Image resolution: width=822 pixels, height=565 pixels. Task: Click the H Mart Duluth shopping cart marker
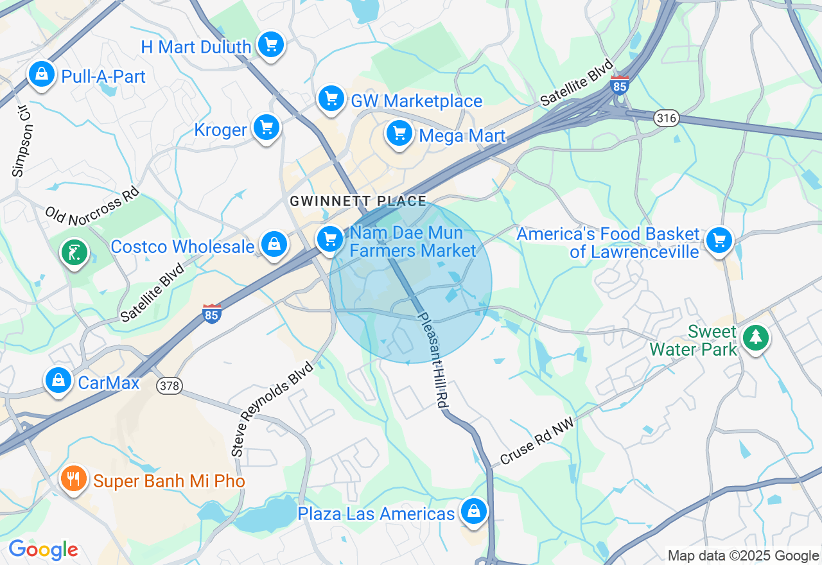(271, 45)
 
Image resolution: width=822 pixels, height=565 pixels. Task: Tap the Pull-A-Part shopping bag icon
(41, 74)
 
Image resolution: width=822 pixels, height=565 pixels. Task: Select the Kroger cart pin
(266, 128)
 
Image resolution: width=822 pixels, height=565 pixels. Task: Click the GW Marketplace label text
(416, 101)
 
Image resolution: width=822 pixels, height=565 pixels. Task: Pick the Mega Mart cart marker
(399, 134)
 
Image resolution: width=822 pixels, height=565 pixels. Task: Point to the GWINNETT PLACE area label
(358, 201)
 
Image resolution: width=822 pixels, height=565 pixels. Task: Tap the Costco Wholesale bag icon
(274, 245)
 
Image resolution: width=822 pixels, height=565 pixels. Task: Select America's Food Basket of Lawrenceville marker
(719, 241)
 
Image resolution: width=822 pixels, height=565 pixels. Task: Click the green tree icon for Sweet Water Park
(755, 337)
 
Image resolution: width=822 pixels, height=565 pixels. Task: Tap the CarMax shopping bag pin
(58, 381)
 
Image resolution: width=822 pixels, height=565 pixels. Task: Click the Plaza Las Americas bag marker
(473, 512)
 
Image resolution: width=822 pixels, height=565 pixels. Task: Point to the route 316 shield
(667, 118)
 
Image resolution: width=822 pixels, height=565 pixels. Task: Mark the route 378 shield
(170, 385)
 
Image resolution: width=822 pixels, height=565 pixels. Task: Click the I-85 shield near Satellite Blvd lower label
(212, 313)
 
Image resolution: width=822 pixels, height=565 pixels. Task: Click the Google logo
(43, 550)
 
